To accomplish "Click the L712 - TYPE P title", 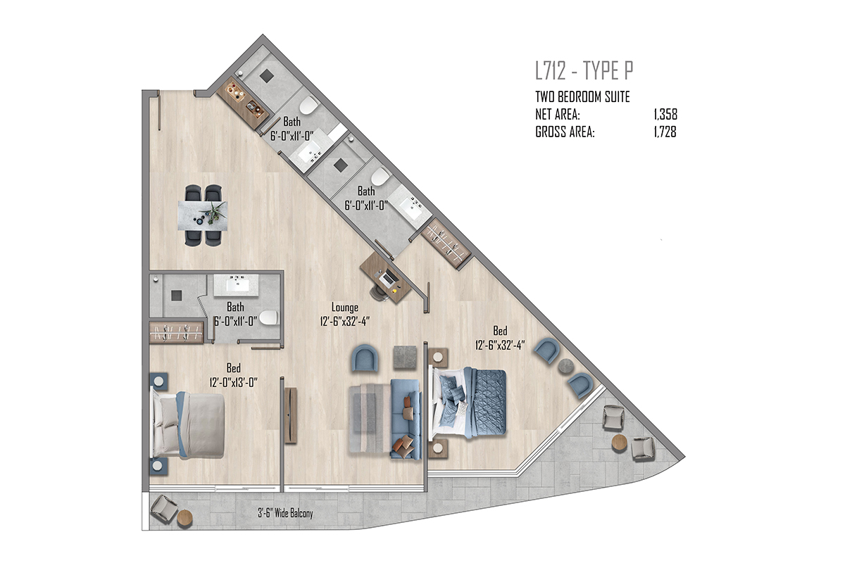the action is [x=584, y=70].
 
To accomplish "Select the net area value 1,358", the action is [x=666, y=114].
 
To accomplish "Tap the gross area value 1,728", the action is [x=665, y=132].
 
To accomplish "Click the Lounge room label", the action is [x=345, y=308].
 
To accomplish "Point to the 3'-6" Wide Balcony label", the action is [x=286, y=513].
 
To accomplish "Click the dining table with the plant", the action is [x=203, y=215].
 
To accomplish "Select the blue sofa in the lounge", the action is [x=406, y=419].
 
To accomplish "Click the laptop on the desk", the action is [x=389, y=278].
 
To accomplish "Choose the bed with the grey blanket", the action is [x=188, y=424].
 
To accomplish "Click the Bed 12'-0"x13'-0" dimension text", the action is [x=234, y=383].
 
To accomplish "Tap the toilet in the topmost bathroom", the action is [x=309, y=105].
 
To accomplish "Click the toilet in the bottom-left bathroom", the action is [x=268, y=317].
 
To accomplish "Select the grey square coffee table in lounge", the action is [x=406, y=358].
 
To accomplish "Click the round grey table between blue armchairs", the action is [x=566, y=366].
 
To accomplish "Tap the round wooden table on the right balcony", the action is [x=619, y=443].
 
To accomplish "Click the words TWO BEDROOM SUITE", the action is [x=582, y=97].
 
